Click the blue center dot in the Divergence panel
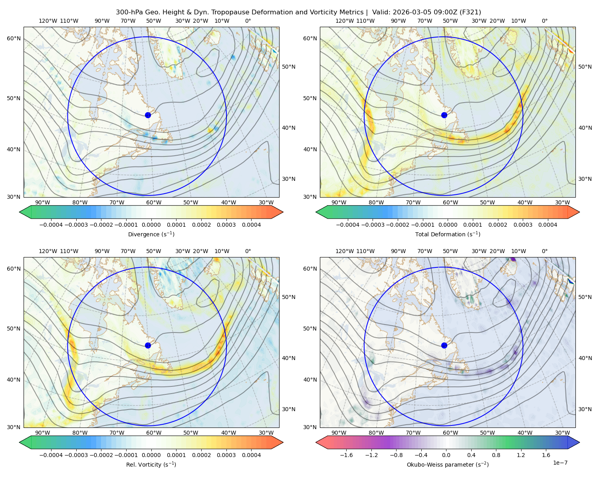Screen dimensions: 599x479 148,115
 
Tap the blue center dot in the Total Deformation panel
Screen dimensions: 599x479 444,115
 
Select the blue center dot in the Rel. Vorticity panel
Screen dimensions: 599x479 148,345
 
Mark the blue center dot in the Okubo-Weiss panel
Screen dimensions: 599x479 444,345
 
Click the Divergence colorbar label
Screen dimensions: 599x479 151,234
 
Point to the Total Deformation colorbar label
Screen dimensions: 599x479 448,234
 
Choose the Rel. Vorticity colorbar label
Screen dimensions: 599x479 151,465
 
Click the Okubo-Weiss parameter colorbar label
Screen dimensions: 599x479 448,465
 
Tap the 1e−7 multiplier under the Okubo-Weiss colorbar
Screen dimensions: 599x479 560,463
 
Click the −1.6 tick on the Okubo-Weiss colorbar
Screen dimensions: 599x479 346,455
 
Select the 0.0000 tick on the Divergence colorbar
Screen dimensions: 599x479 151,225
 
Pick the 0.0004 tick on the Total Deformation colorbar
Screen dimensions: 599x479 547,225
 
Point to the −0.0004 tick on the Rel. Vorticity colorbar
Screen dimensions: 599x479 51,455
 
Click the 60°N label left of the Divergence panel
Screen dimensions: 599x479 14,38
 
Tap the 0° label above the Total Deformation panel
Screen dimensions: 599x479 544,21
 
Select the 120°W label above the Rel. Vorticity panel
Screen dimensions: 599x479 48,251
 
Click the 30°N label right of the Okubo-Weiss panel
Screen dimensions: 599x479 585,409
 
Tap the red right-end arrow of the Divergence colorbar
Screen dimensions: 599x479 277,212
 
